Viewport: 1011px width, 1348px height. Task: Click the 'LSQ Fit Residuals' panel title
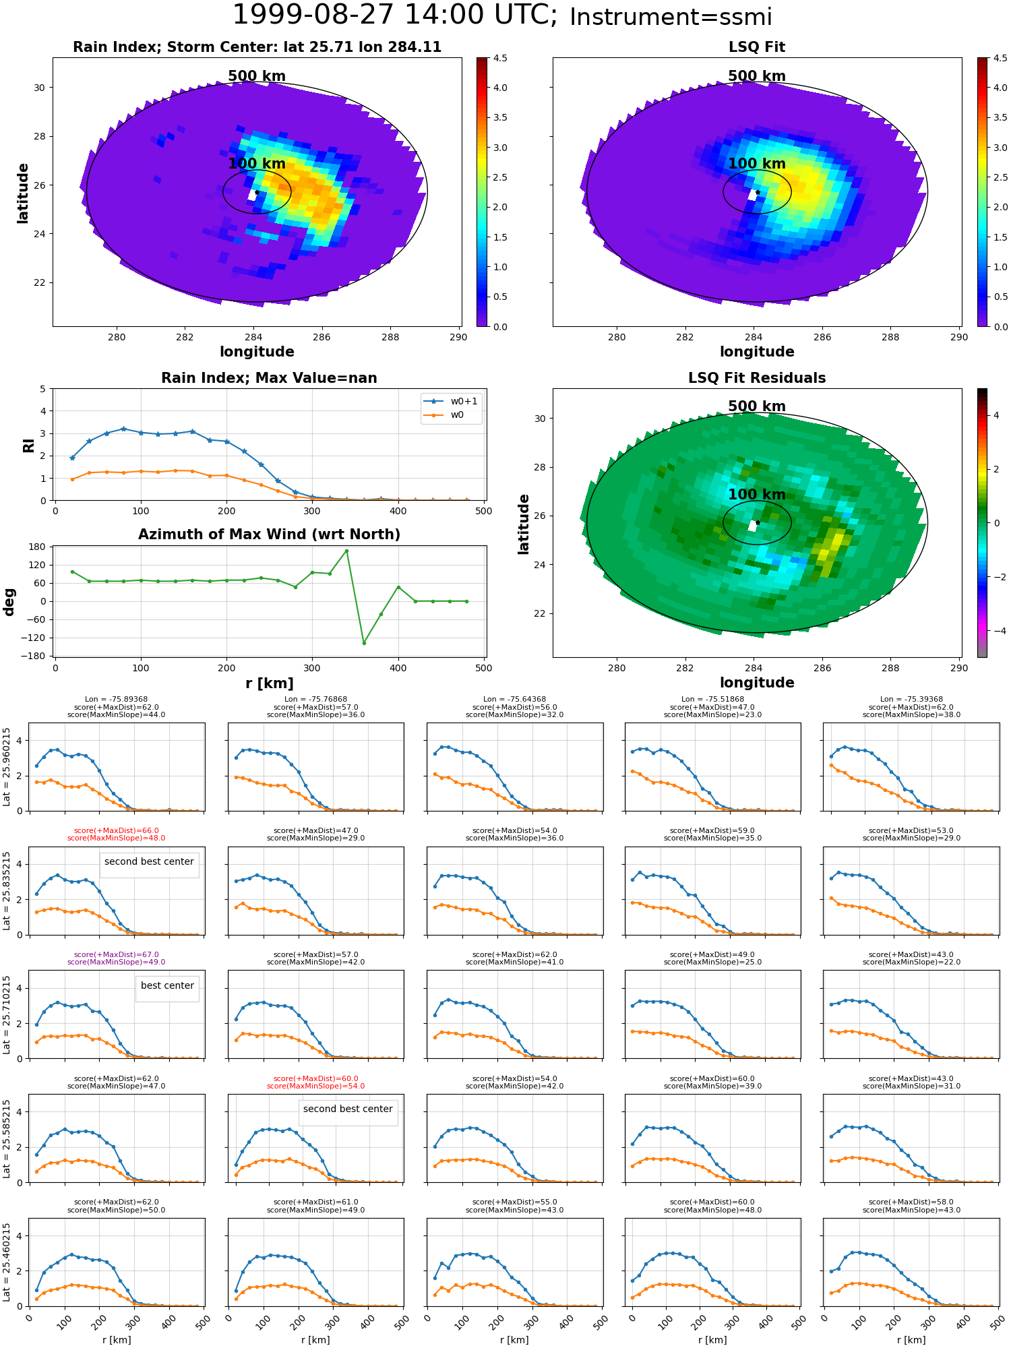tap(757, 378)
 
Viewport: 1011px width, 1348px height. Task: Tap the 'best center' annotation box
tap(167, 985)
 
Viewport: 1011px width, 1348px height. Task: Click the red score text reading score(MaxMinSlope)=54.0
tap(315, 1086)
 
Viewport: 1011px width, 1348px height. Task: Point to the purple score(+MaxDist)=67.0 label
tap(117, 954)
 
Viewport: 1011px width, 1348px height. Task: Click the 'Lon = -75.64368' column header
tap(514, 700)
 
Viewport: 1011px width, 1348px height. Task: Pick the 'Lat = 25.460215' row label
tap(7, 1262)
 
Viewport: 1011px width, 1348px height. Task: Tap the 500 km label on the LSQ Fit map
tap(757, 76)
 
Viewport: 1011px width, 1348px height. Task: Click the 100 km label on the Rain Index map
tap(257, 164)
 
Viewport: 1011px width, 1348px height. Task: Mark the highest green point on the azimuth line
tap(346, 551)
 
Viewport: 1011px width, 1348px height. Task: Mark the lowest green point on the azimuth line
tap(364, 643)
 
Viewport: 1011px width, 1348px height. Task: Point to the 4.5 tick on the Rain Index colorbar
tap(500, 58)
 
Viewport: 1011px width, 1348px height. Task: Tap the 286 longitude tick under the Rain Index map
tap(321, 337)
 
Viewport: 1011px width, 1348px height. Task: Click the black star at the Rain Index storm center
tap(257, 193)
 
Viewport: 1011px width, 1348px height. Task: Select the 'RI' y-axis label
tap(28, 445)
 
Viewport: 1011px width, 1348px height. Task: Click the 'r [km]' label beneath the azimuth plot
tap(269, 683)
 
